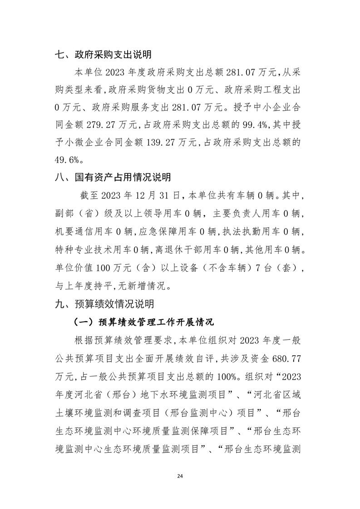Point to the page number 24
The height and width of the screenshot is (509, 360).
180,476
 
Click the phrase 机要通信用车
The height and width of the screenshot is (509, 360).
81,232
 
